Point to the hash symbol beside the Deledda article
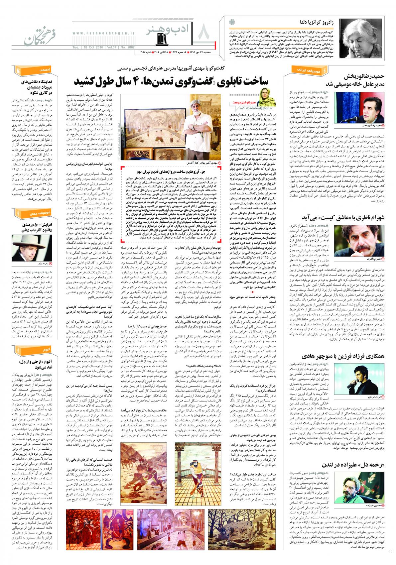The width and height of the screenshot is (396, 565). pos(232,22)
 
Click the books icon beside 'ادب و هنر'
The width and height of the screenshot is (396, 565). pos(162,39)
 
